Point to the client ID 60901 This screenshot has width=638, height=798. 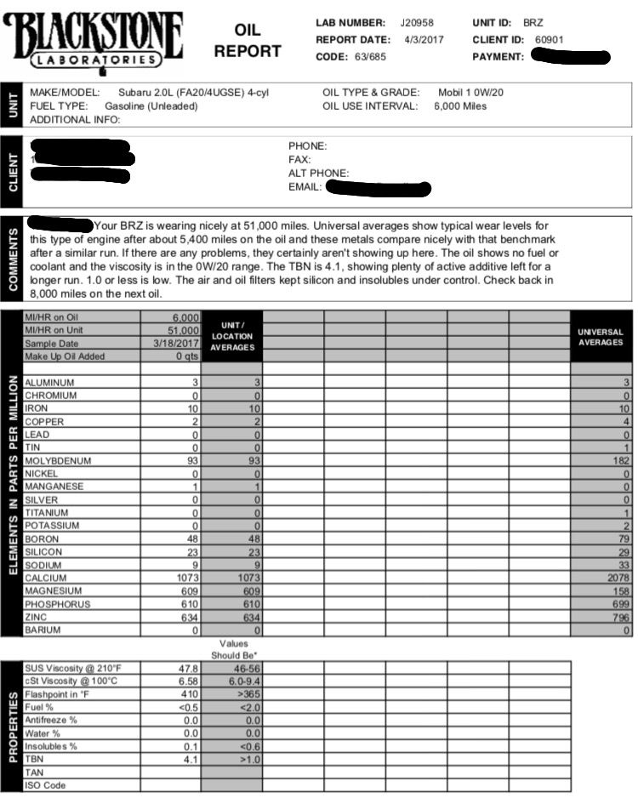point(549,40)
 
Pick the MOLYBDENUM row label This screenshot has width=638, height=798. point(57,460)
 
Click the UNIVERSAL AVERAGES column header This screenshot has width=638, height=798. point(601,337)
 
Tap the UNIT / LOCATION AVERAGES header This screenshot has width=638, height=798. point(232,337)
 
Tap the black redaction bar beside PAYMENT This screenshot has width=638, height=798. point(569,58)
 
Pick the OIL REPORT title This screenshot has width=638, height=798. point(247,41)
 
